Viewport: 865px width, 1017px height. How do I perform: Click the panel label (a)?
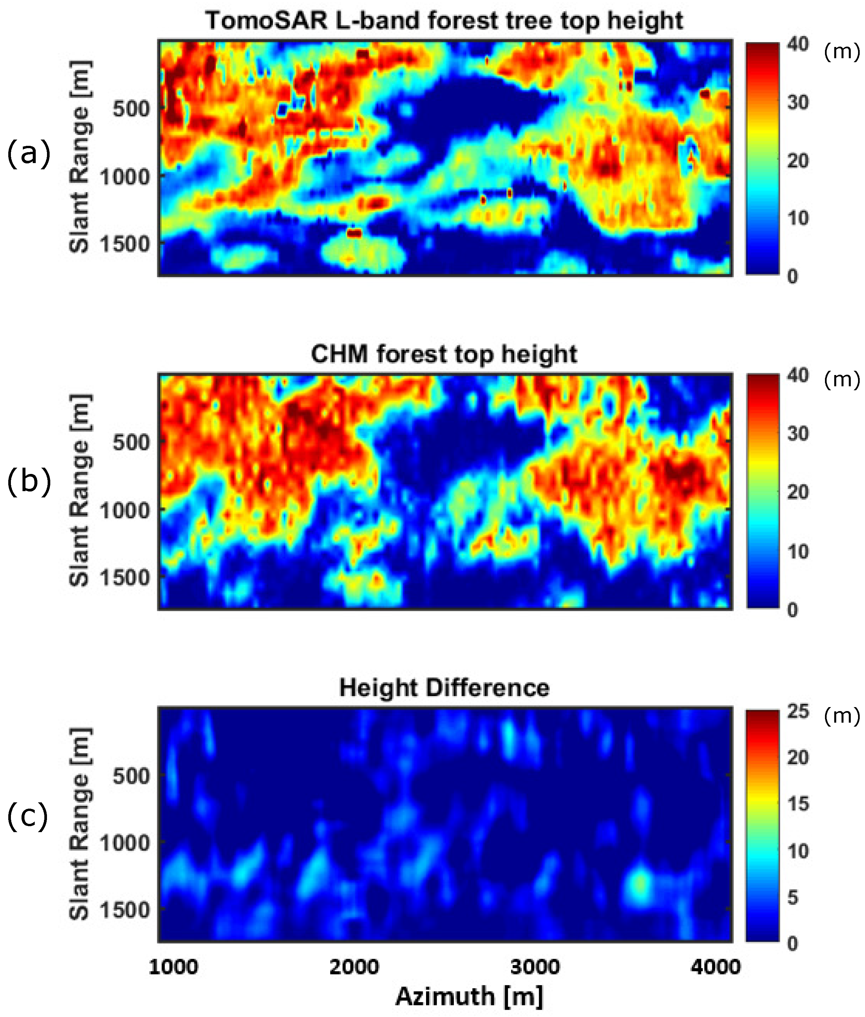28,153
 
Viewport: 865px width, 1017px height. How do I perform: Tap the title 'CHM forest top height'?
444,354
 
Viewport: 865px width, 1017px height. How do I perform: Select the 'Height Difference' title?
444,688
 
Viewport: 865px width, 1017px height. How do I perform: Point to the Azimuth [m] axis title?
469,996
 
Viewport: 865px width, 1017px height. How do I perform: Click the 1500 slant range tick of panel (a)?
125,244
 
